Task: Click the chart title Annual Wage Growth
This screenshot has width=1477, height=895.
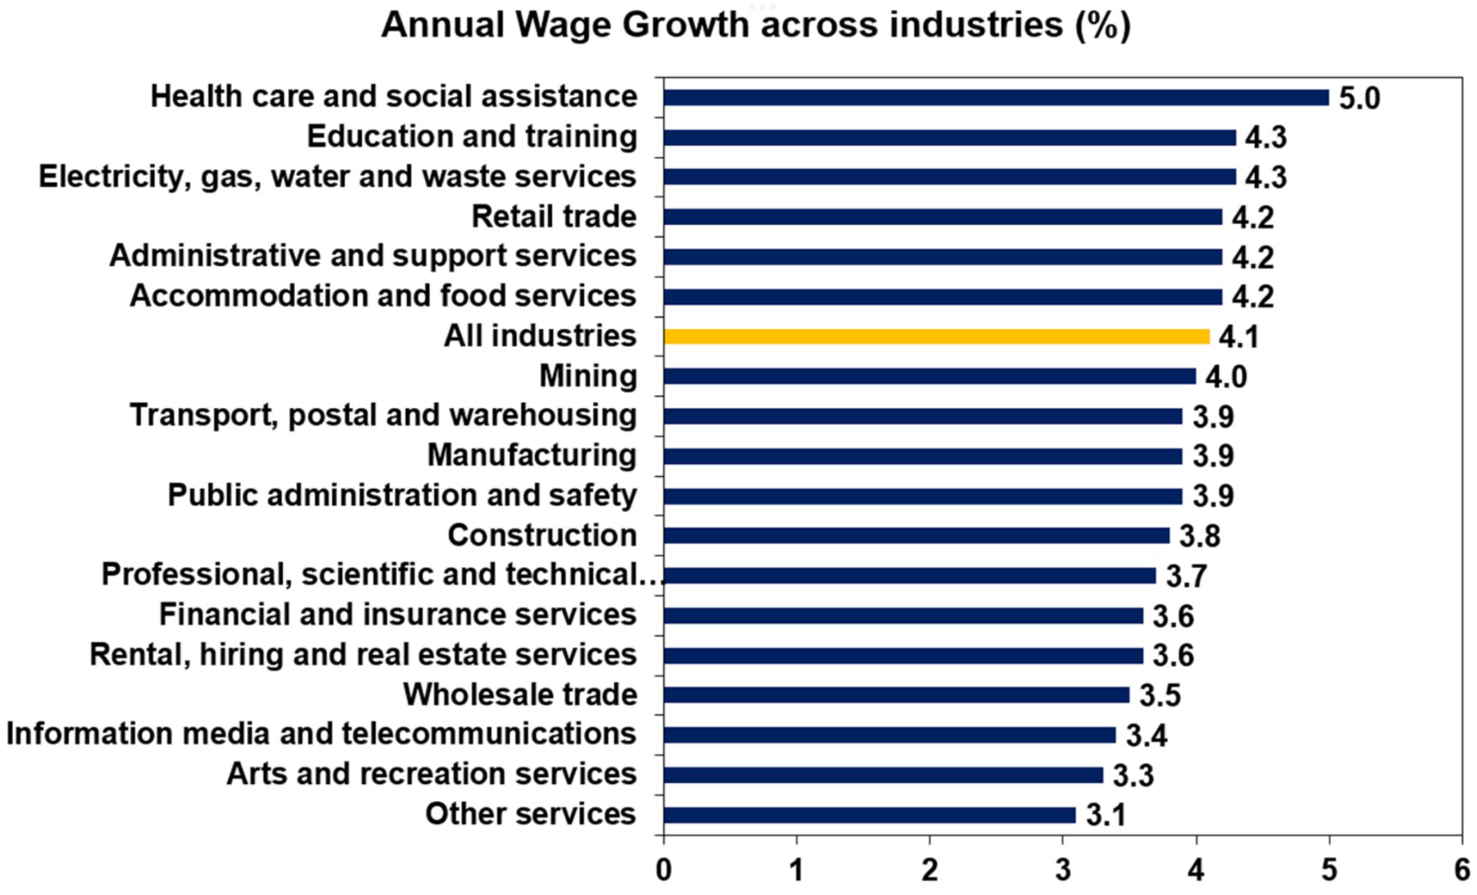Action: pos(756,25)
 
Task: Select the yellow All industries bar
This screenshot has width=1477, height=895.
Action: pos(936,337)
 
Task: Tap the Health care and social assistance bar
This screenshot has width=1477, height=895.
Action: pos(996,97)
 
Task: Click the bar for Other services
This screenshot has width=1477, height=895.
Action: pos(869,815)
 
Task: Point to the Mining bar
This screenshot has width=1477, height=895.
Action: pos(929,376)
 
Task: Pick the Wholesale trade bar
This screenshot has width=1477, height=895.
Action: pos(896,695)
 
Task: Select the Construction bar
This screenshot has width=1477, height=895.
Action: pos(916,536)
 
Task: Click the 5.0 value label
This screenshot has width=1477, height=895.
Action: pos(1359,98)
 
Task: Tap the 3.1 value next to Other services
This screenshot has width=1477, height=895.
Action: pos(1106,815)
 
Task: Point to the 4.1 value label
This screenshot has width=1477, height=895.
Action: pos(1239,337)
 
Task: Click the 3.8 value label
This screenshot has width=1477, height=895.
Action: pos(1199,536)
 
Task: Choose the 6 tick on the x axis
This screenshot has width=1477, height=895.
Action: pos(1462,870)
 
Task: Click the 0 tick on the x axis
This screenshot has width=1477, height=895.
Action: pos(664,870)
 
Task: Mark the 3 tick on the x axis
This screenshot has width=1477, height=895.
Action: pos(1062,870)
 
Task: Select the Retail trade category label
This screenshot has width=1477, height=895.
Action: pos(554,216)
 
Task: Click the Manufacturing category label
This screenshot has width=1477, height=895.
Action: pos(532,456)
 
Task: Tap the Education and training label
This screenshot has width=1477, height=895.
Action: pos(472,137)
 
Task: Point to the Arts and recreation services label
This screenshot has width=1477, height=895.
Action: pos(431,774)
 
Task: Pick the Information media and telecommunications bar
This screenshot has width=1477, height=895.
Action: pos(889,735)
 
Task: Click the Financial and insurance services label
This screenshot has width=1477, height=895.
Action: pos(397,615)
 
